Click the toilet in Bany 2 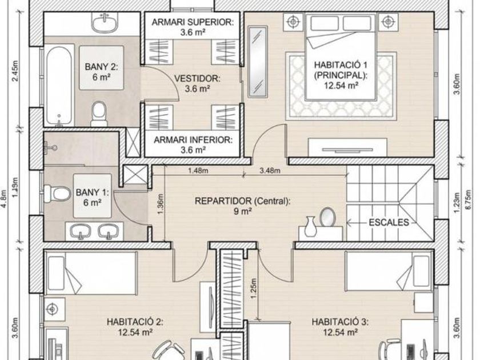[x=99, y=114]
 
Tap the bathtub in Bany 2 [x=59, y=85]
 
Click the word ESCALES [x=389, y=222]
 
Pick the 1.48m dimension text [x=198, y=170]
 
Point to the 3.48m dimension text [x=270, y=170]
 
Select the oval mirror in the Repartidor [x=327, y=217]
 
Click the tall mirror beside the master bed [x=257, y=62]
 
